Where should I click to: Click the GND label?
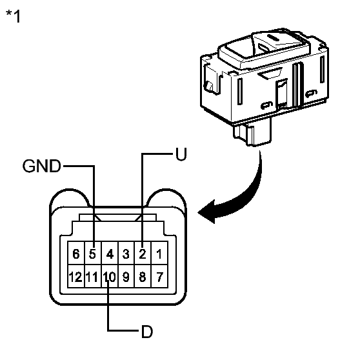tap(42, 166)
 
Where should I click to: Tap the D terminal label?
tap(146, 333)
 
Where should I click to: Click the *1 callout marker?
tap(12, 16)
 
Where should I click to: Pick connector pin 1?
tap(159, 254)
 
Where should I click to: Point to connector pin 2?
tap(143, 254)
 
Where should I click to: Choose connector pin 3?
tap(126, 254)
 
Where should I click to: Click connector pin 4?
tap(110, 254)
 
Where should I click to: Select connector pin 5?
tap(93, 254)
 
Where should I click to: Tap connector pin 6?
tap(76, 254)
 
